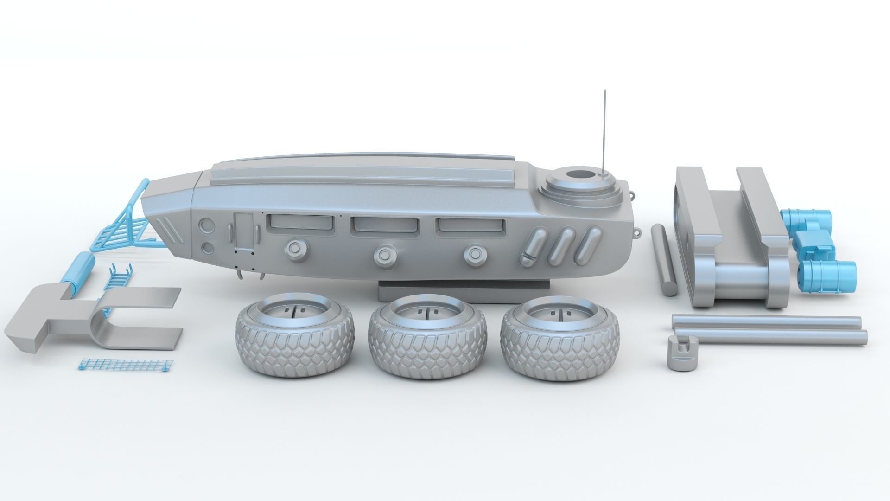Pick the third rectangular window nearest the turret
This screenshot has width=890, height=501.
point(470,225)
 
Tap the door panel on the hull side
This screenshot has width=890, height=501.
point(242,235)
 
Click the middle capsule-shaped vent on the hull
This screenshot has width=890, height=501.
point(563,246)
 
